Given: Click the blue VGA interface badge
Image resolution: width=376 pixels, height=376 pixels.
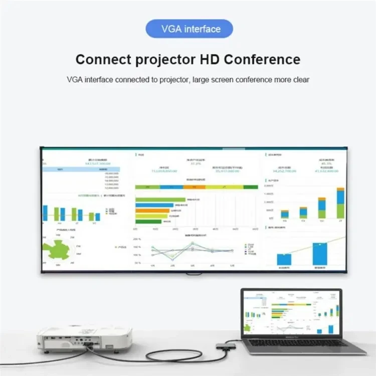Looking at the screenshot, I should pyautogui.click(x=190, y=29).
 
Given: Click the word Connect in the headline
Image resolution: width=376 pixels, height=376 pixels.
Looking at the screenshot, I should pyautogui.click(x=102, y=59).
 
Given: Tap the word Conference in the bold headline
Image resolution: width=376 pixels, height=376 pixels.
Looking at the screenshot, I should pyautogui.click(x=262, y=59).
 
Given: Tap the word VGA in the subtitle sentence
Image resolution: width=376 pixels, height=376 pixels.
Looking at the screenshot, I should pyautogui.click(x=75, y=79).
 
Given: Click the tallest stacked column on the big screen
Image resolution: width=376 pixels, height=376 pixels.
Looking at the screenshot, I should pyautogui.click(x=340, y=203).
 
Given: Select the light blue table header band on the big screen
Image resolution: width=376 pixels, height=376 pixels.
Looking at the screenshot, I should pyautogui.click(x=80, y=169).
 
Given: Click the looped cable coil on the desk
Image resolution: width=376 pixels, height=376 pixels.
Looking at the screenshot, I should pyautogui.click(x=150, y=356).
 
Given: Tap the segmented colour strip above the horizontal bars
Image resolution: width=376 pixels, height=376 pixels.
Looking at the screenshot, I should pyautogui.click(x=196, y=187).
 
